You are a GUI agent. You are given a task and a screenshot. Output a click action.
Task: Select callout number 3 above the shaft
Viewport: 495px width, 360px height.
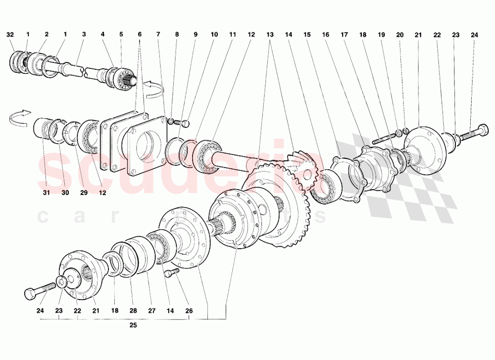[84, 35]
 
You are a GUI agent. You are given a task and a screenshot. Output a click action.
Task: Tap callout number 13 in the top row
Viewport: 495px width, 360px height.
[269, 35]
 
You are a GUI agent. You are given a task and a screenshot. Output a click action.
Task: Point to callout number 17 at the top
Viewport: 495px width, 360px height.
[344, 35]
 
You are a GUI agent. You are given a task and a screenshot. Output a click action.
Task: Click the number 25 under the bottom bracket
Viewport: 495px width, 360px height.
[133, 326]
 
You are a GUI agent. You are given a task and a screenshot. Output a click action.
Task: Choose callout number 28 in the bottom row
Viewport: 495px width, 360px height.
[133, 311]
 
